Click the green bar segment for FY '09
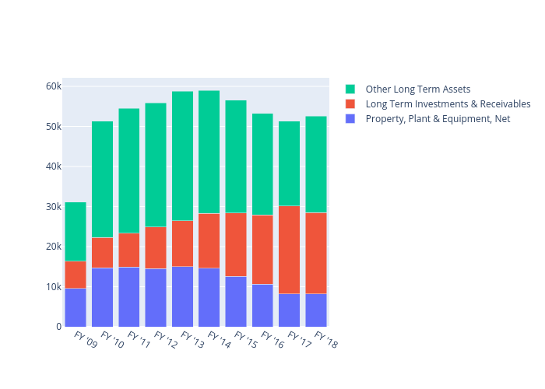76,232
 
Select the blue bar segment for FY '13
182,296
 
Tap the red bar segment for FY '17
289,250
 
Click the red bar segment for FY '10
102,253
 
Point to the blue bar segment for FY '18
315,310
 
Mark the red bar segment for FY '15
235,244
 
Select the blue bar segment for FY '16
262,305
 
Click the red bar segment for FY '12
156,247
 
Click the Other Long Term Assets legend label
417,89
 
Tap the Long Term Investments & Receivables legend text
448,104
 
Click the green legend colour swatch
350,89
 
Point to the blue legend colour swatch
350,119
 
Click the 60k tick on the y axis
52,86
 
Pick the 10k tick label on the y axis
52,287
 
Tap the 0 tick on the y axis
58,327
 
